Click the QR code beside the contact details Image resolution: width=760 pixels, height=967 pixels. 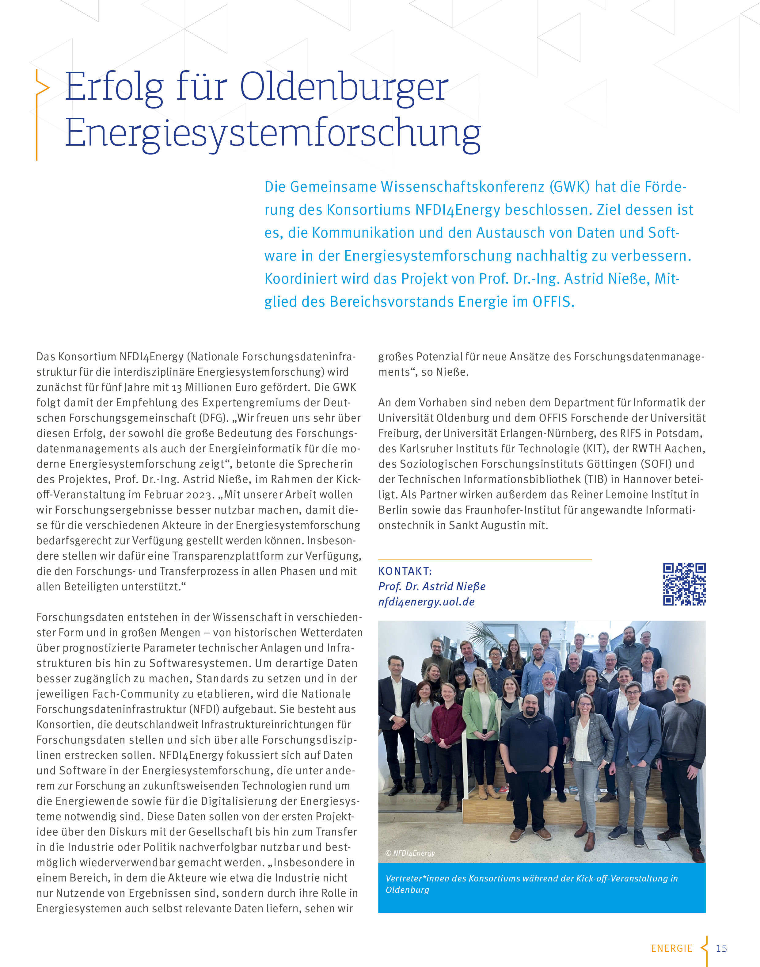[x=684, y=584]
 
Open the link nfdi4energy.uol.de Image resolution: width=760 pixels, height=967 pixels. [x=426, y=602]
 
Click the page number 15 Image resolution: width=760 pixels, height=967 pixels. [x=721, y=948]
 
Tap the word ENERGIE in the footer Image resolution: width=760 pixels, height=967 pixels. [x=671, y=948]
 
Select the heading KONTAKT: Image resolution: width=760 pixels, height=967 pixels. [x=405, y=571]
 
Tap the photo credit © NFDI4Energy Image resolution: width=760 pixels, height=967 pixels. [x=410, y=853]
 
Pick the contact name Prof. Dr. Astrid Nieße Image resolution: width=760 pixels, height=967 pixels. [x=431, y=586]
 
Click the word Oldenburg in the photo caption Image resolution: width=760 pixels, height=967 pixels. [x=407, y=889]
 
